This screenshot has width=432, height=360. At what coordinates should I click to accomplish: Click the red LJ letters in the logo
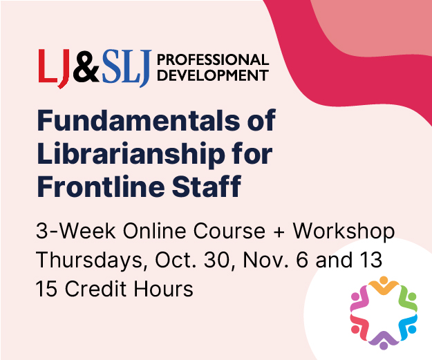coord(54,68)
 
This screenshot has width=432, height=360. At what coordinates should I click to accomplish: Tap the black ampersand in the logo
coord(86,66)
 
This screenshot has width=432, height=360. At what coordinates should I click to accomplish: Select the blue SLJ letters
coord(126,68)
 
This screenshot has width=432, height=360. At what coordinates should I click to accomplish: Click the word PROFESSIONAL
coord(213,59)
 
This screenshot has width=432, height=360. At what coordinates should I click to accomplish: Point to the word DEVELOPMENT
coord(213,75)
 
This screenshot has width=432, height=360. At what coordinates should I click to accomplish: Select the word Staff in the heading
coord(207,186)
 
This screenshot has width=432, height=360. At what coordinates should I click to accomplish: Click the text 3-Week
coord(75,231)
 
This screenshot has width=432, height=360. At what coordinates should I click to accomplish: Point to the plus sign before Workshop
coord(279,231)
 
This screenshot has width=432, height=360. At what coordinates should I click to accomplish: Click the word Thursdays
coord(90,260)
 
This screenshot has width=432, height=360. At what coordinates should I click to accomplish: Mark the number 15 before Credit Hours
coord(46,289)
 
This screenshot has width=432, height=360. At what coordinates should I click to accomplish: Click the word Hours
coord(164,289)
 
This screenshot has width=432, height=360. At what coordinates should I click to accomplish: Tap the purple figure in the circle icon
coord(384,341)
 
